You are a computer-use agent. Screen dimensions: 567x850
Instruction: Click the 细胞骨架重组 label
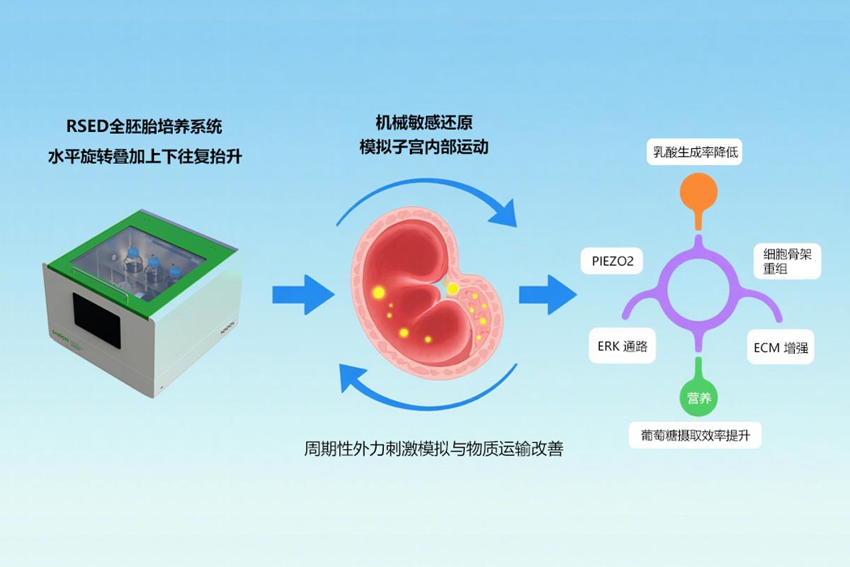(786, 262)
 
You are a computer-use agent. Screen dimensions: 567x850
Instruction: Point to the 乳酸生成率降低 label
(694, 150)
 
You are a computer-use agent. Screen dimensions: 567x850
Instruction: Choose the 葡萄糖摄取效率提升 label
(695, 435)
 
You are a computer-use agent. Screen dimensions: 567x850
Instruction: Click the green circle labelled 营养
(699, 398)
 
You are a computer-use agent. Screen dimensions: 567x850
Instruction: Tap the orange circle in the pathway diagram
(698, 193)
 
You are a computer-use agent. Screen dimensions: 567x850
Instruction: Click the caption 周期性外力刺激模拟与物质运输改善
(433, 449)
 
